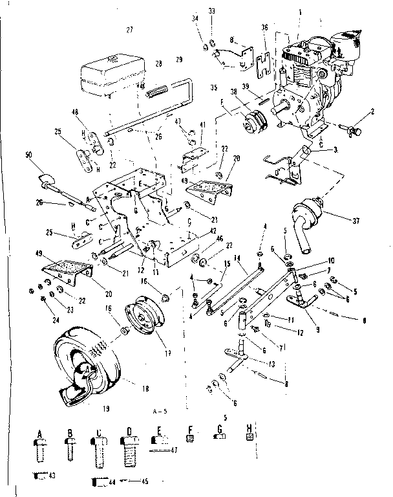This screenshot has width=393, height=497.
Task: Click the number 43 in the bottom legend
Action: [x=51, y=476]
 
